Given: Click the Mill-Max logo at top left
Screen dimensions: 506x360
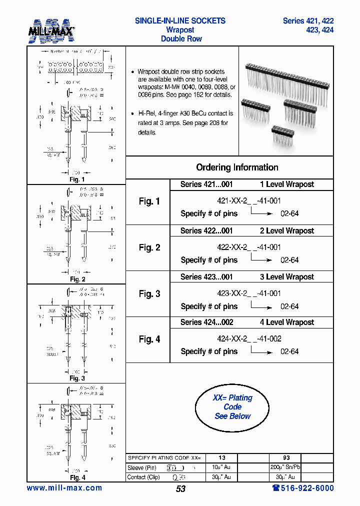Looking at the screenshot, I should pos(50,31).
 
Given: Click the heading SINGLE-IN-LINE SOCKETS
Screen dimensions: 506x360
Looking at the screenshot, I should pos(180,21).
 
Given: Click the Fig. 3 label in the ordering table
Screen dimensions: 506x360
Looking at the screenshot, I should pos(149,294).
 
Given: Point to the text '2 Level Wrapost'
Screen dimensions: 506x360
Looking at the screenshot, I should pos(286,231).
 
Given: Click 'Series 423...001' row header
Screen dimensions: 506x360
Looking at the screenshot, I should pos(206,277).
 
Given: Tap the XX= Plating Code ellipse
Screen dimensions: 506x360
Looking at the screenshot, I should pos(232,406).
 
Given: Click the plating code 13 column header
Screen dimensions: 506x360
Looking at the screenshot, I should pos(221,457).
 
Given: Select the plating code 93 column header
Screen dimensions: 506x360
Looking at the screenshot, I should pos(286,457).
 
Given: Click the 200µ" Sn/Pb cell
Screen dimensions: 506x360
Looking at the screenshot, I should pos(286,467).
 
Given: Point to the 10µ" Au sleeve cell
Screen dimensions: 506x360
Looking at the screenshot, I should pos(221,467).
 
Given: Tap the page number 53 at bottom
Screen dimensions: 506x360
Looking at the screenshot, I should pos(180,489).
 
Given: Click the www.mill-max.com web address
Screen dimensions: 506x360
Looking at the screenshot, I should pos(64,488).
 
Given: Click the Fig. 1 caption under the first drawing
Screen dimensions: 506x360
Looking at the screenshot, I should pos(76,179).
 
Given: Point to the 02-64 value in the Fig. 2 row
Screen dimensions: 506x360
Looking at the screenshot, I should pos(289,260).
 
